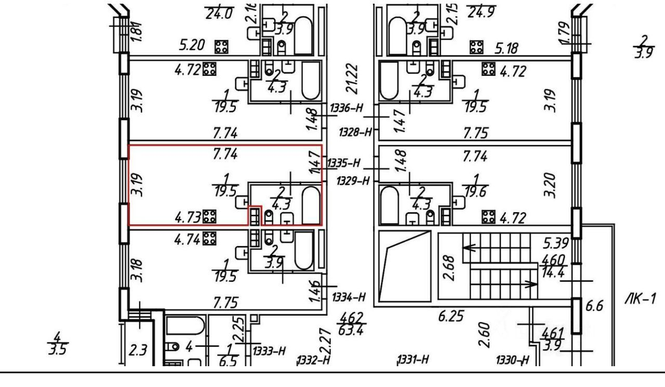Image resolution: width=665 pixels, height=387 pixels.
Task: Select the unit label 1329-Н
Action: [353, 181]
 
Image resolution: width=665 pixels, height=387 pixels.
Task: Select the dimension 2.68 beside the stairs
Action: [450, 266]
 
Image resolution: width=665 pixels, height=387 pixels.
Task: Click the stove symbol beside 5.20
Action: [222, 47]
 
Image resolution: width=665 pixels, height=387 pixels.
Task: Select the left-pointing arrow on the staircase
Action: [470, 248]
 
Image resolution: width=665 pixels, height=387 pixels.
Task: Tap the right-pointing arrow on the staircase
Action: [530, 285]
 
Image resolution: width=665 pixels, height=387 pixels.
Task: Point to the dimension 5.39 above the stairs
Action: [555, 242]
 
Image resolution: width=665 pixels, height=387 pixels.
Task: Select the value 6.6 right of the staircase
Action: [594, 307]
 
